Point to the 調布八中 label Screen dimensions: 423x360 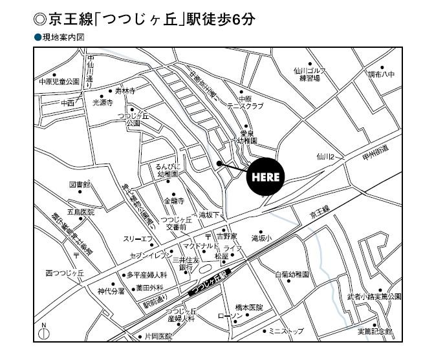381,75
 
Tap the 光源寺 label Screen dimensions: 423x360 103,102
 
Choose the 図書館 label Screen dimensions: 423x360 80,185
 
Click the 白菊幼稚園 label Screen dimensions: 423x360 292,274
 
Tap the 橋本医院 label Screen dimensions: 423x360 249,307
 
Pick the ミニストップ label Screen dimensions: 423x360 287,332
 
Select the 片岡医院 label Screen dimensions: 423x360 155,337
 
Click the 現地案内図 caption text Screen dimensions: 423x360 63,38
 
